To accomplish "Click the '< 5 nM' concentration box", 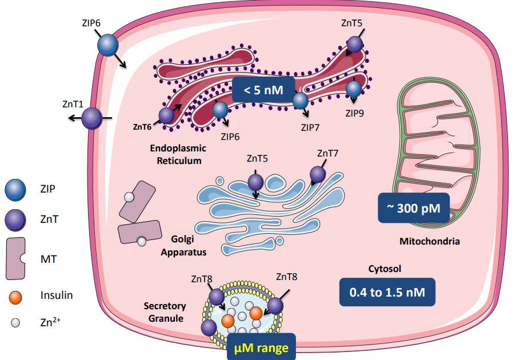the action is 263,90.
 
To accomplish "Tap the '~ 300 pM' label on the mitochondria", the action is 414,207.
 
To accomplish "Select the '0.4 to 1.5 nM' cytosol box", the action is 387,292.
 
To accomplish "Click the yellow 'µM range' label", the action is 261,347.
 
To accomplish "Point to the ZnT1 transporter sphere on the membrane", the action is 91,118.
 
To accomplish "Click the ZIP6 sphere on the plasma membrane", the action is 108,45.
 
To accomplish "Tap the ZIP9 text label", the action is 354,113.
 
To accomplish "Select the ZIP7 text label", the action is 310,127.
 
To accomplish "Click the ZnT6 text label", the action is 142,127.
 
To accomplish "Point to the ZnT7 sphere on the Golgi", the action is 318,174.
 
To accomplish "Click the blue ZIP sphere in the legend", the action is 15,190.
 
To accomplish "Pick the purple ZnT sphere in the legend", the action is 15,220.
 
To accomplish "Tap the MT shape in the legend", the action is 15,259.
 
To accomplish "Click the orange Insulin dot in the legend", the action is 15,297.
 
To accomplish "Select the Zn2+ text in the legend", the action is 50,322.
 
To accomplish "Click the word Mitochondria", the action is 430,241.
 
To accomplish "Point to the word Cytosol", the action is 385,269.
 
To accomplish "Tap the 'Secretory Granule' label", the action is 165,312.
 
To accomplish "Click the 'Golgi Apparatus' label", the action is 183,246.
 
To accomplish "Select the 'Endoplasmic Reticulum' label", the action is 178,154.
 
